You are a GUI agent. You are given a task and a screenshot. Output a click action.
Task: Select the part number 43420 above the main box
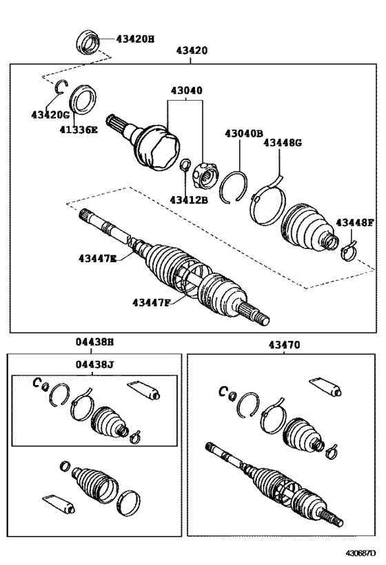[192, 51]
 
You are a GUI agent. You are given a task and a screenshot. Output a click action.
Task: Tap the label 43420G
[50, 114]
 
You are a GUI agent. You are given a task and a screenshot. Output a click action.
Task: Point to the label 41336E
[77, 129]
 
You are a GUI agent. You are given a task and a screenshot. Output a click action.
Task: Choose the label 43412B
[189, 200]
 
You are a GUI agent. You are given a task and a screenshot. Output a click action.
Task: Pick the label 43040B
[243, 134]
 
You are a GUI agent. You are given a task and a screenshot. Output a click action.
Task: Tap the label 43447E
[97, 258]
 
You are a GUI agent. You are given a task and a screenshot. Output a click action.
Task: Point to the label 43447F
[152, 301]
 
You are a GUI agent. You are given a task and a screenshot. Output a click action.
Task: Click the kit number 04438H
[95, 343]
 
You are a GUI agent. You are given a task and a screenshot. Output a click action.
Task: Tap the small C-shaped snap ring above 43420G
[60, 86]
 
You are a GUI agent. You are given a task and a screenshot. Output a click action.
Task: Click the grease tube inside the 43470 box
[325, 388]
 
